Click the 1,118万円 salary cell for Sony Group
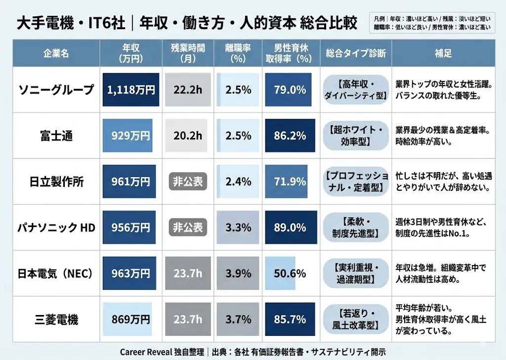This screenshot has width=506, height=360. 131,90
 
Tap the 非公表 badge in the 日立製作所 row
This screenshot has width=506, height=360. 187,181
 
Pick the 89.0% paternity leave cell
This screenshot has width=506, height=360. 291,227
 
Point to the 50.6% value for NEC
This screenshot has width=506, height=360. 290,273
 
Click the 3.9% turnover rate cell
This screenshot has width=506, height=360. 238,273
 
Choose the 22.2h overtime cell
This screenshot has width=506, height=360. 187,90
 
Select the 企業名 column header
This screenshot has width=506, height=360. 56,53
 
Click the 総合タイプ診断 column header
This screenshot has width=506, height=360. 355,53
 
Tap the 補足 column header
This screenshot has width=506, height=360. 443,53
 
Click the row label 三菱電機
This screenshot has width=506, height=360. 55,319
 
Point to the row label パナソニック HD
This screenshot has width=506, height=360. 55,227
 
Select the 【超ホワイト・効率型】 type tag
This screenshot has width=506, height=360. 355,135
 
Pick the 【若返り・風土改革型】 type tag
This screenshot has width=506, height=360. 355,319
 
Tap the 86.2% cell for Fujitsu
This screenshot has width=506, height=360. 290,135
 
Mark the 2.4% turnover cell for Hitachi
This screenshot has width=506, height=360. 238,181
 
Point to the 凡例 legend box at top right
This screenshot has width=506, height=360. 432,23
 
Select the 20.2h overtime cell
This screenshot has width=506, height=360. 187,135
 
